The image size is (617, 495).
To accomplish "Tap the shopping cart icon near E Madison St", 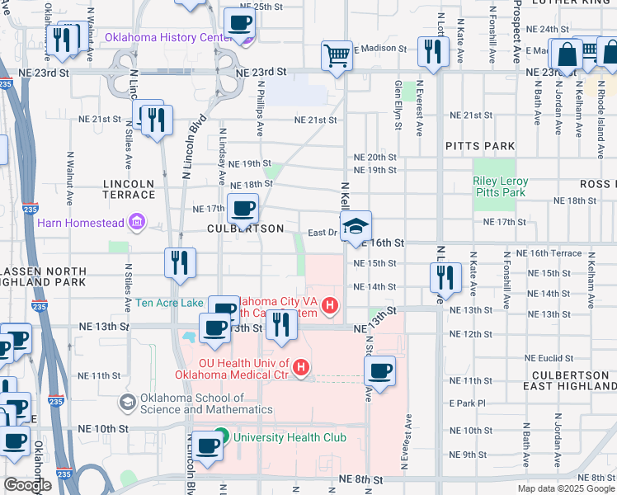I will click(337, 55).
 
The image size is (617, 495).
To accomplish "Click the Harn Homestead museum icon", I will click(136, 222).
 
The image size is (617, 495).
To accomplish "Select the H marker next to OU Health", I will click(302, 367).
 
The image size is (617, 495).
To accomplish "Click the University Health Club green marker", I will click(221, 436).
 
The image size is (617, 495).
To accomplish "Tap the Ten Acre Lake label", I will click(169, 303).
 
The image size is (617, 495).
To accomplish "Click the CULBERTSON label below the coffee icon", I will click(245, 229).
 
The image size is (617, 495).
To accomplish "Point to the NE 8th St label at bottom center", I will click(360, 479).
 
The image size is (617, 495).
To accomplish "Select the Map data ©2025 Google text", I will click(566, 488).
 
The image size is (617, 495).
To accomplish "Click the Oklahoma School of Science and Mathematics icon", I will click(128, 402).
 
